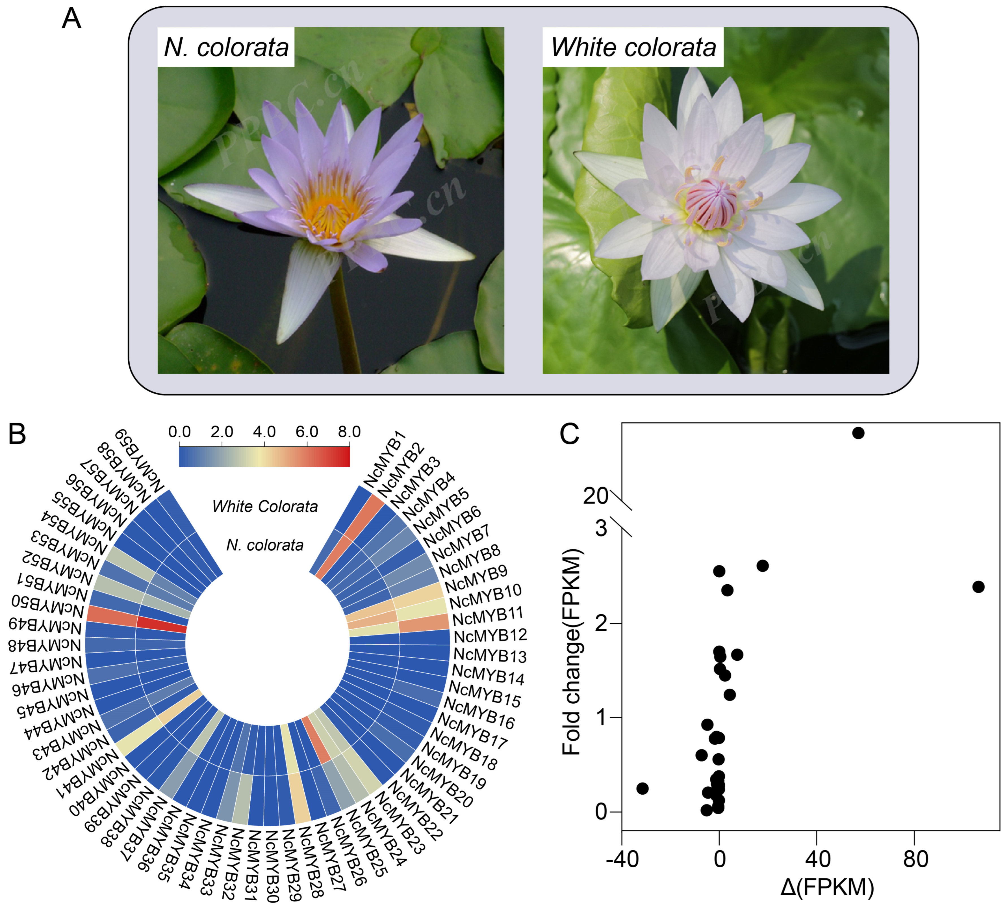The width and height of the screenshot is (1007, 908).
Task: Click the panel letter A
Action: click(x=71, y=19)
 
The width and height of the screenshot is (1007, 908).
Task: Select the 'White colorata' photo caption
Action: click(x=633, y=47)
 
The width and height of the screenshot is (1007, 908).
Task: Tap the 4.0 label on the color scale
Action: click(x=264, y=432)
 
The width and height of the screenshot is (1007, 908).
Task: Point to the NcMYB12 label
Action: click(x=490, y=635)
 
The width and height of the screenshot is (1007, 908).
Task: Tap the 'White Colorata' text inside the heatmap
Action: click(x=265, y=506)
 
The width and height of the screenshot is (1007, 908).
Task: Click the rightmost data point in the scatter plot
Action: click(x=978, y=587)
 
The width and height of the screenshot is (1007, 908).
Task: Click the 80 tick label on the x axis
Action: click(x=914, y=859)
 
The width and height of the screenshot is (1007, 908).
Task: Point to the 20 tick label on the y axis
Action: click(x=595, y=496)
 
